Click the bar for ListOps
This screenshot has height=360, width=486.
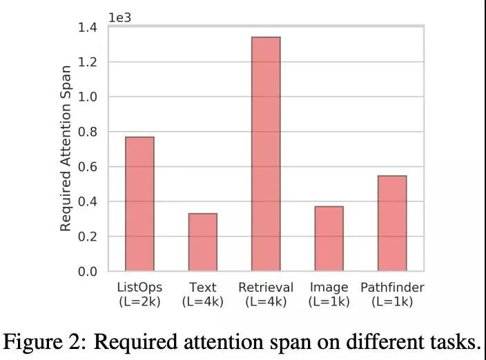[x=139, y=203]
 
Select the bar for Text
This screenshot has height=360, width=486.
[x=203, y=242]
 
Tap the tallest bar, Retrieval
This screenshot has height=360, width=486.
[x=266, y=154]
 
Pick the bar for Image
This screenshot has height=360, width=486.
[x=329, y=239]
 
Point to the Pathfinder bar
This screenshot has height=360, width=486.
[x=392, y=223]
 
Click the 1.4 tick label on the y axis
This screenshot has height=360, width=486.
[x=88, y=28]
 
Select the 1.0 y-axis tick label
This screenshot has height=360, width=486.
[x=88, y=97]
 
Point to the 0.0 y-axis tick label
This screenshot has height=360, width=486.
[x=88, y=272]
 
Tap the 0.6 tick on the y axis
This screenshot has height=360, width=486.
[x=88, y=167]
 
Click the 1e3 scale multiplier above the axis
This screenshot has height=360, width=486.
[x=119, y=17]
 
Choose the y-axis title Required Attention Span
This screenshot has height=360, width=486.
[x=66, y=148]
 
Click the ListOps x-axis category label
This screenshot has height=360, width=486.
[x=139, y=288]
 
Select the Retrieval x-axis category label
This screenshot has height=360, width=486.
[x=266, y=288]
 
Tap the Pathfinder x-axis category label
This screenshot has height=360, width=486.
[x=392, y=288]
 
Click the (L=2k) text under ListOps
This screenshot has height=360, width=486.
[x=139, y=301]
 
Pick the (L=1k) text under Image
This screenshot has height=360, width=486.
[x=329, y=301]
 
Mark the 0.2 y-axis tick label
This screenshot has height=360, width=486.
[x=88, y=237]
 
